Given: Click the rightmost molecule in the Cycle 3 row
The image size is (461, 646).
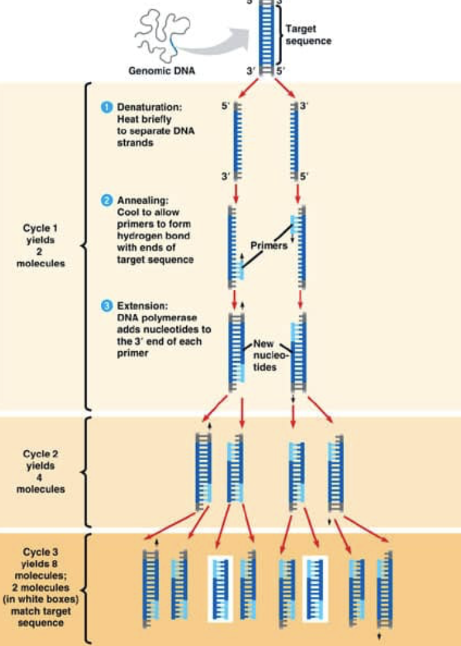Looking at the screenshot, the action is pos(387,591).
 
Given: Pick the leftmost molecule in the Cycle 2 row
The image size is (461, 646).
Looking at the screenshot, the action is pos(204,471).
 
